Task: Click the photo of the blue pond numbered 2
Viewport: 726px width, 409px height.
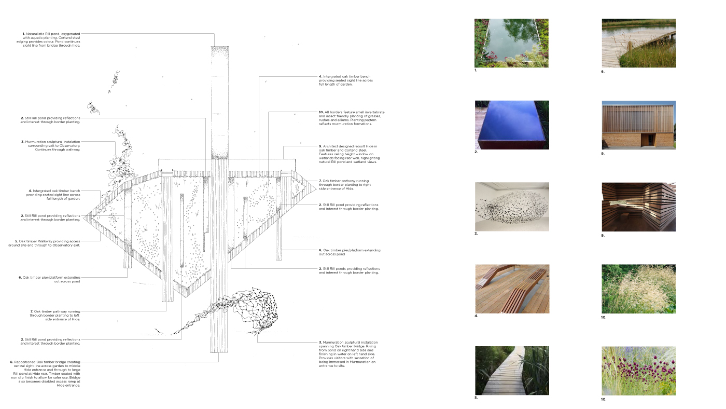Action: click(512, 125)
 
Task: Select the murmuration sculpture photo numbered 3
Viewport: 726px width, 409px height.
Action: click(512, 207)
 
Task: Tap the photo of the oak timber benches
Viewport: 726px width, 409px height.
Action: click(512, 289)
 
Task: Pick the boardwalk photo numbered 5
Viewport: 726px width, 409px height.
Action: click(512, 371)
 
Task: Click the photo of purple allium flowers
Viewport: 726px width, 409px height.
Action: click(638, 371)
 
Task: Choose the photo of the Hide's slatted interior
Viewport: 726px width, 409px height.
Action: click(638, 207)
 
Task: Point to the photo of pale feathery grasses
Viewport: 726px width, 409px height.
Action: click(638, 289)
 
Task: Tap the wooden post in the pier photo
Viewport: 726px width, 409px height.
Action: click(631, 47)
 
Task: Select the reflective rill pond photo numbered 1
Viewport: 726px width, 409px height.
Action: click(511, 43)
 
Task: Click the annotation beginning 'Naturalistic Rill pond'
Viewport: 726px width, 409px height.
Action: click(52, 39)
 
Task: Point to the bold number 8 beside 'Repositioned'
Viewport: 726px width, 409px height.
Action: click(11, 362)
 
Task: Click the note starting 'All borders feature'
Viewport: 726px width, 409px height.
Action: click(352, 118)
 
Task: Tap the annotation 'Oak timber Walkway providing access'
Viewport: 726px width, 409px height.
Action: click(48, 243)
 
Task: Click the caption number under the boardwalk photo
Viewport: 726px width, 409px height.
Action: click(476, 398)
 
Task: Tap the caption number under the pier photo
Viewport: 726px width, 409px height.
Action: click(603, 72)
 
